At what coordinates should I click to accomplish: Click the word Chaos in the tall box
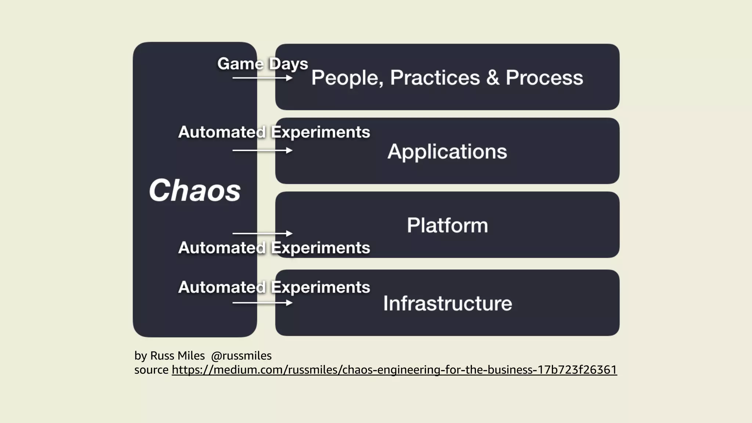pyautogui.click(x=195, y=191)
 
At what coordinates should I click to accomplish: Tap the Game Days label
pyautogui.click(x=263, y=64)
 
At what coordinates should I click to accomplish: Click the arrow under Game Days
pyautogui.click(x=262, y=78)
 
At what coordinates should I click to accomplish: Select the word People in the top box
pyautogui.click(x=347, y=78)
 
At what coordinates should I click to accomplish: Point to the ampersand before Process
pyautogui.click(x=493, y=78)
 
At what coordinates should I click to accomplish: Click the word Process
pyautogui.click(x=544, y=78)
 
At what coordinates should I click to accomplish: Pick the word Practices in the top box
pyautogui.click(x=435, y=78)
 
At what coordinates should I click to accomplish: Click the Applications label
pyautogui.click(x=447, y=152)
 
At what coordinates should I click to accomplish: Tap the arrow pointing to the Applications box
pyautogui.click(x=262, y=151)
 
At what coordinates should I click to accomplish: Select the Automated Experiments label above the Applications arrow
pyautogui.click(x=274, y=132)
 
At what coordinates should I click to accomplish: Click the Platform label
pyautogui.click(x=447, y=225)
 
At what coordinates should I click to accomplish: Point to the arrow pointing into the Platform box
pyautogui.click(x=262, y=234)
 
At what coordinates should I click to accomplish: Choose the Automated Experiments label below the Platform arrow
pyautogui.click(x=274, y=248)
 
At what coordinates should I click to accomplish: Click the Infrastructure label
pyautogui.click(x=447, y=303)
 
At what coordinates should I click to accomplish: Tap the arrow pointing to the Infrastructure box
pyautogui.click(x=262, y=303)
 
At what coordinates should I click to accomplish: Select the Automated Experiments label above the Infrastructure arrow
pyautogui.click(x=274, y=287)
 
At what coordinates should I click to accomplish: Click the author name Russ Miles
pyautogui.click(x=177, y=356)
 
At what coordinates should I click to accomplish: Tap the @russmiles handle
pyautogui.click(x=241, y=356)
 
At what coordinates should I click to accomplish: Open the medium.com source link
pyautogui.click(x=394, y=370)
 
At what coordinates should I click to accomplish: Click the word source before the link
pyautogui.click(x=151, y=370)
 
